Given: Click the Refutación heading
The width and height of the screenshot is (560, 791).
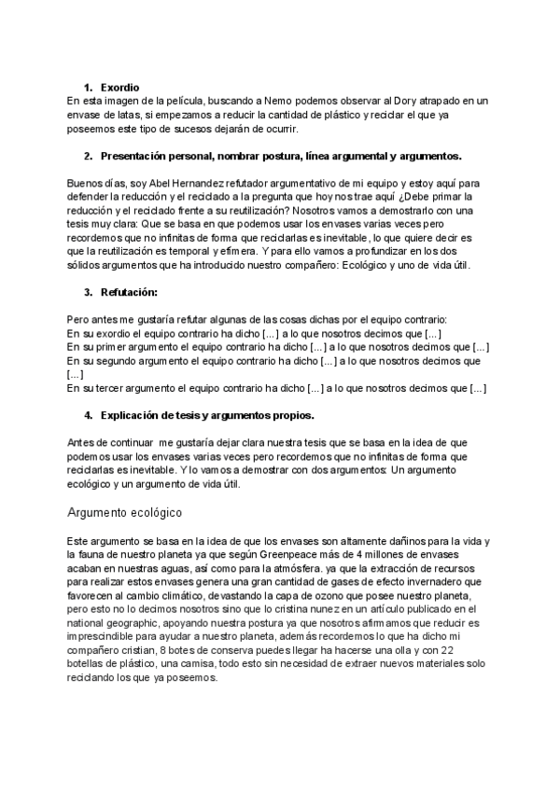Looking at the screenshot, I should pos(131,292).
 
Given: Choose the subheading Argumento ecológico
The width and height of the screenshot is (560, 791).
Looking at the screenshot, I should pos(125,512).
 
